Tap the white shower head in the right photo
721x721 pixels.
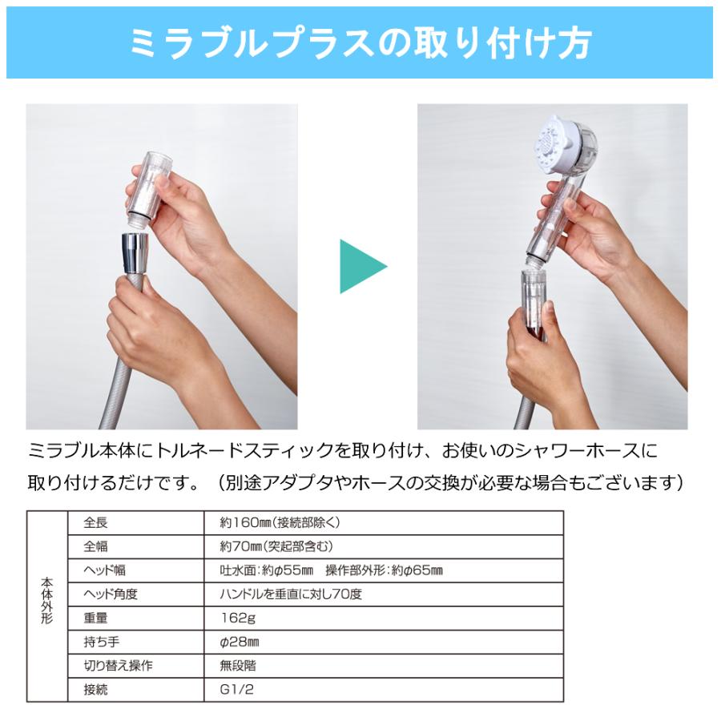tap(566, 144)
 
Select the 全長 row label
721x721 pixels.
tap(95, 523)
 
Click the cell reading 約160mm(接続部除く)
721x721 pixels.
tap(280, 523)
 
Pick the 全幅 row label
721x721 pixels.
tap(95, 547)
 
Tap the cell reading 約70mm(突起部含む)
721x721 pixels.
tap(276, 547)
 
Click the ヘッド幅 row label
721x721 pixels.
tap(105, 570)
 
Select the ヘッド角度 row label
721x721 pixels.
tap(111, 594)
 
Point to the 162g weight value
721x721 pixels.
tap(236, 618)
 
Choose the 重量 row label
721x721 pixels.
tap(95, 618)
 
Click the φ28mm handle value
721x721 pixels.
tap(239, 642)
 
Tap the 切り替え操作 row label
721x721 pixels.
tap(118, 666)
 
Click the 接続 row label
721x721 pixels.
tap(95, 689)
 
